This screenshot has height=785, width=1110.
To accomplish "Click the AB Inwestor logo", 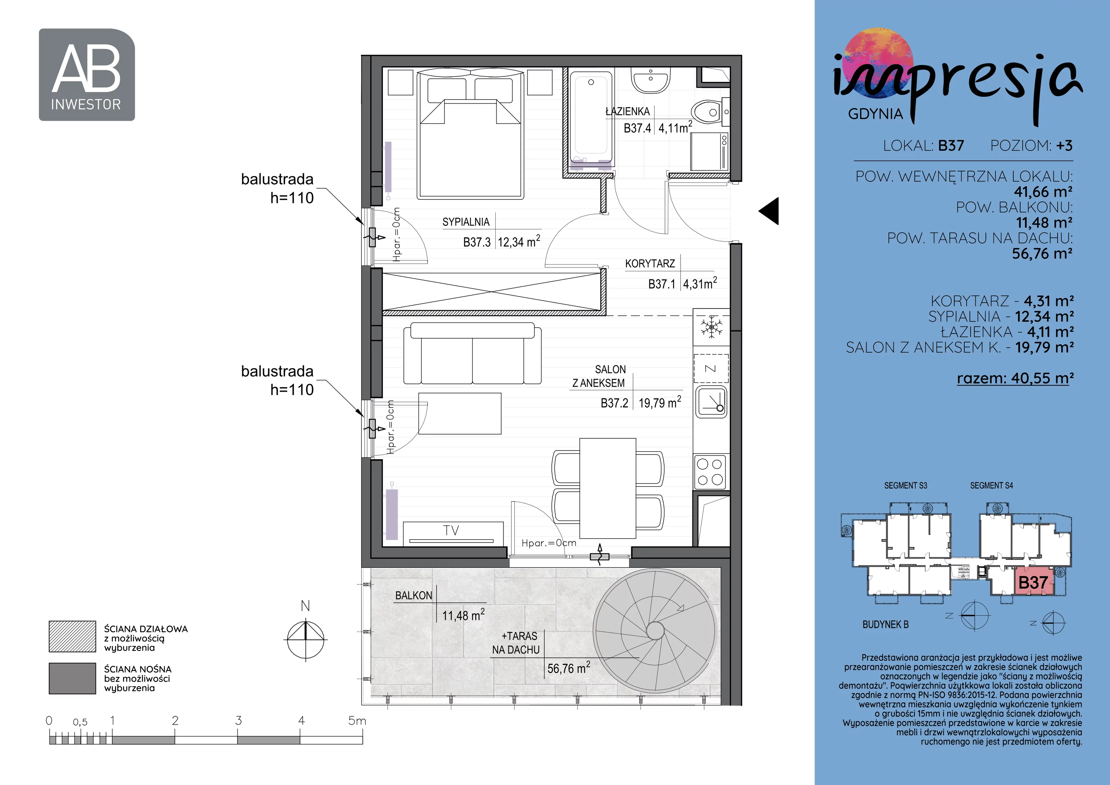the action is click(87, 75).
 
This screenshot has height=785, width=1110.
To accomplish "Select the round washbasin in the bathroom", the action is click(651, 80).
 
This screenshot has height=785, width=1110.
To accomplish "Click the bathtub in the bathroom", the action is click(591, 118).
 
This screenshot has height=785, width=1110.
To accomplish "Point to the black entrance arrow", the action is click(769, 211).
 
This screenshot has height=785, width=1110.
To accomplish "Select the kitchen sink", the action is click(711, 402).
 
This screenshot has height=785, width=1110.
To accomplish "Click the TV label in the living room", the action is click(451, 531).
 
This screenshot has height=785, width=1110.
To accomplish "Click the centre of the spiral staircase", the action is click(655, 631).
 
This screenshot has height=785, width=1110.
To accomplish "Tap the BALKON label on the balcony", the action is click(414, 596).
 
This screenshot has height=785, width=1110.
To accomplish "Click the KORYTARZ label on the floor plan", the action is click(650, 264).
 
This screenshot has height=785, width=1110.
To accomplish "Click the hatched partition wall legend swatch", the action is click(72, 636).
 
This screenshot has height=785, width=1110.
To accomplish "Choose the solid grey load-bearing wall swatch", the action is click(72, 678).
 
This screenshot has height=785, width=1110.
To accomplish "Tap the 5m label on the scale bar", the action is click(357, 721).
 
